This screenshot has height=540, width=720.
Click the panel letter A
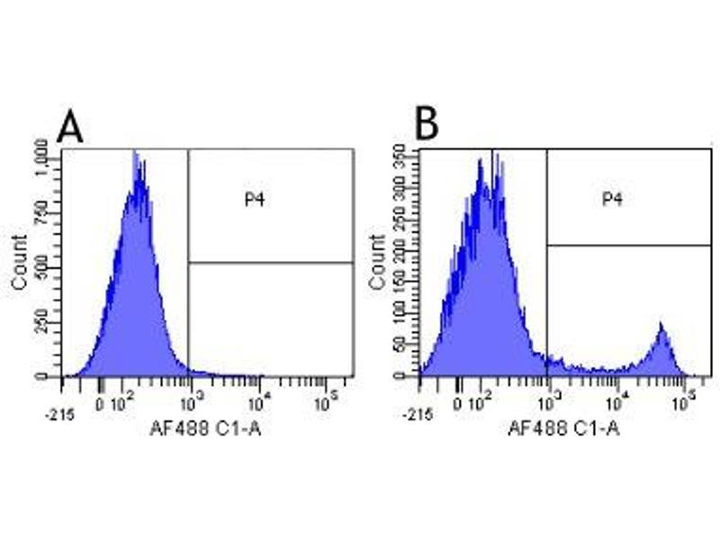click(70, 127)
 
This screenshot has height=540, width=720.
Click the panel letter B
click(426, 125)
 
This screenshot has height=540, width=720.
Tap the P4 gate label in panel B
click(613, 198)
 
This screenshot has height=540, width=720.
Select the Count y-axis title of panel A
click(19, 262)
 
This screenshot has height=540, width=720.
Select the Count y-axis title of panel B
click(377, 262)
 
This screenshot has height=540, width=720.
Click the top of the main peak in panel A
click(135, 155)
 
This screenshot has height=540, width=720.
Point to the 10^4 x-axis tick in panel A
click(260, 397)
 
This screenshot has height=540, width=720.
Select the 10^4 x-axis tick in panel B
click(616, 397)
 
